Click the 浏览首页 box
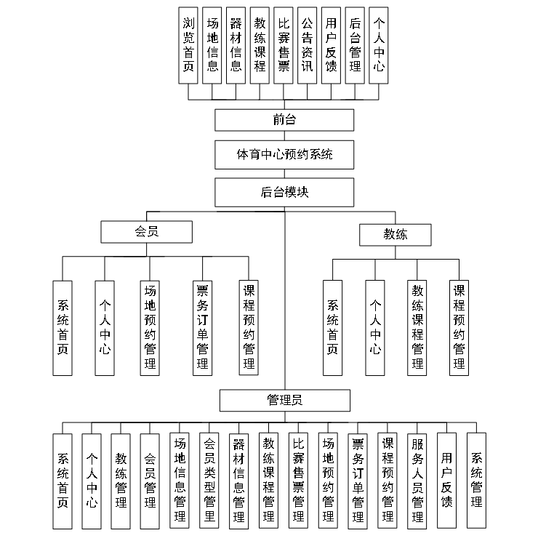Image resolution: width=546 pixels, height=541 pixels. click(x=189, y=45)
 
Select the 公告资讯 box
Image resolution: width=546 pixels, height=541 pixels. click(x=307, y=45)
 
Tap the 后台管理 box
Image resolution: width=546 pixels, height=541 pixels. click(x=354, y=45)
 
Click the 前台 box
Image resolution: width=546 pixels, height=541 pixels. click(x=284, y=120)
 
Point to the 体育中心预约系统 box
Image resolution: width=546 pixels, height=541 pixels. click(x=284, y=154)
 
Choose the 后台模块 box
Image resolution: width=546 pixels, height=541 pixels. click(x=284, y=193)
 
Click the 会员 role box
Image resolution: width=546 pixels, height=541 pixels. click(x=146, y=232)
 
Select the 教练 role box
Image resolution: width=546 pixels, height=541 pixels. click(x=396, y=234)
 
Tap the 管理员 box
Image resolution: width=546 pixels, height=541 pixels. click(x=284, y=401)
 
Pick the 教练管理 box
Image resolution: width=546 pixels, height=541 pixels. click(x=121, y=481)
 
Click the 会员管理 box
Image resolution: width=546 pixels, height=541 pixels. click(x=150, y=481)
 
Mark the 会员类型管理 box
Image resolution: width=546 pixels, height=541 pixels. click(x=209, y=481)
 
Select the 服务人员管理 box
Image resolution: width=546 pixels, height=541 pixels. click(x=417, y=481)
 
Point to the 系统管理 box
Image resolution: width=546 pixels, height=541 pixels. click(x=477, y=481)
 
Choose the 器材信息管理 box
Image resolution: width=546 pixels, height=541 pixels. click(x=238, y=481)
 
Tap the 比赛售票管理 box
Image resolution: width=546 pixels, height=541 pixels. click(x=298, y=481)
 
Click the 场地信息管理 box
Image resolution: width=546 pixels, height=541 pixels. click(x=180, y=481)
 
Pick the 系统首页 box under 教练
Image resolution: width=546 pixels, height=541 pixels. click(x=332, y=327)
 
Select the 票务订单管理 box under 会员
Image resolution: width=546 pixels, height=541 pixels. click(x=203, y=327)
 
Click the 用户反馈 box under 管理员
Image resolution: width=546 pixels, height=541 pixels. click(x=447, y=481)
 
